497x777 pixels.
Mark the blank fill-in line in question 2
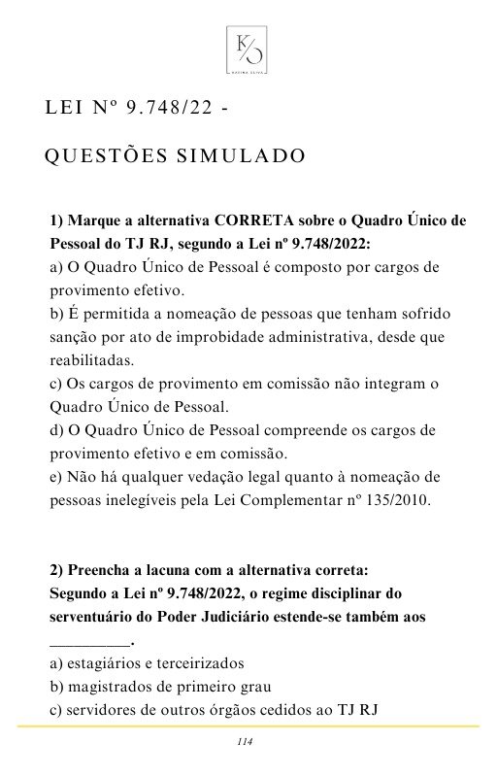pyautogui.click(x=88, y=644)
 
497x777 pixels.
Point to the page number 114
pyautogui.click(x=245, y=743)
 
